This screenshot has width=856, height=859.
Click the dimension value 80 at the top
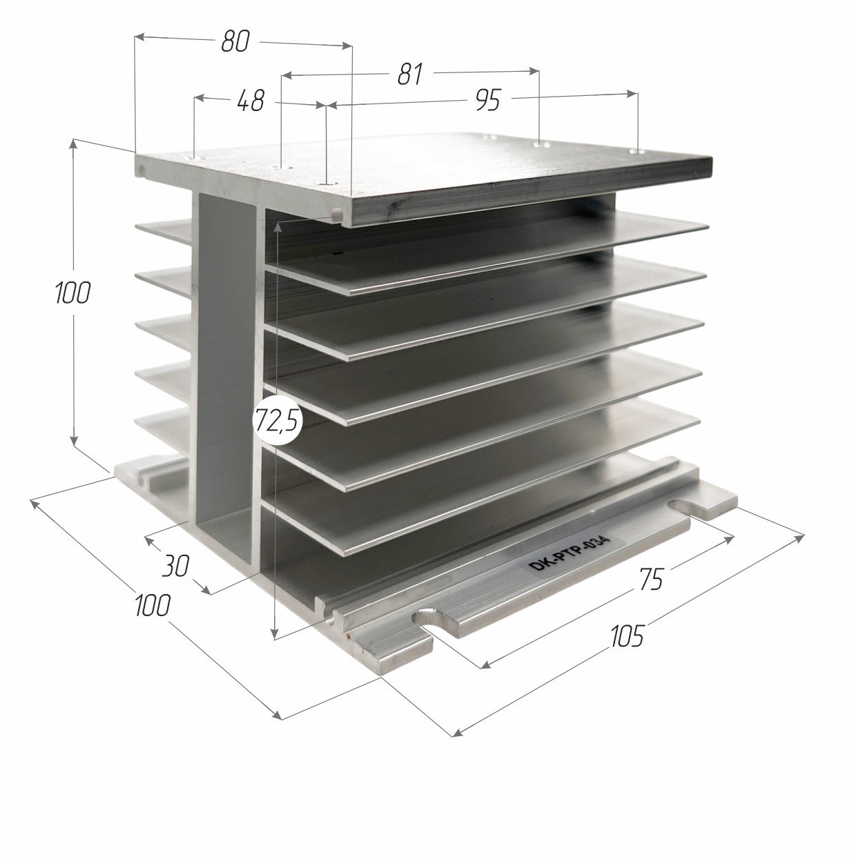pos(235,41)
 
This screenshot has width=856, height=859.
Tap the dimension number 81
pos(409,74)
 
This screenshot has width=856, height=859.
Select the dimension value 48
pos(251,101)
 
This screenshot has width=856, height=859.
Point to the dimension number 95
pos(487,100)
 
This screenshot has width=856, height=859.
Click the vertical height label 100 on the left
pos(72,293)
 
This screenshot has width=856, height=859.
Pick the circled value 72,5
pos(278,420)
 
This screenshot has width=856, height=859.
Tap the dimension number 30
pos(175,565)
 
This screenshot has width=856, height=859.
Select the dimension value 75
pos(651,579)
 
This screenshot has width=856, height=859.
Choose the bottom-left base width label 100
pos(152,605)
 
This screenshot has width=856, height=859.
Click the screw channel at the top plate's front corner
pos(338,214)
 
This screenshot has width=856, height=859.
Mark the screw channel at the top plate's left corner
pos(142,170)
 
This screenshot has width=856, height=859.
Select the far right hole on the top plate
pos(637,152)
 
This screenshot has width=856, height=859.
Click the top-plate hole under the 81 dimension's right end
pos(540,144)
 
